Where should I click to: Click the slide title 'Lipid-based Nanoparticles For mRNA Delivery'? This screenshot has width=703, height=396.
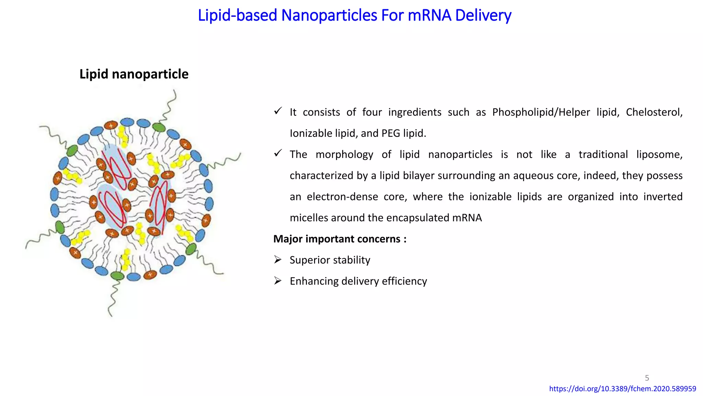[354, 15]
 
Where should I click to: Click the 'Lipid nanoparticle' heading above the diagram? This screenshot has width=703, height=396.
[134, 74]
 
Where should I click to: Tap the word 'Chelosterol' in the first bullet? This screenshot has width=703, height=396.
[654, 112]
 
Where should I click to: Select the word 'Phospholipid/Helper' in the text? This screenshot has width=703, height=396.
[541, 112]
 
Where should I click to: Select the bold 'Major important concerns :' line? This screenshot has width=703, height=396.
[340, 239]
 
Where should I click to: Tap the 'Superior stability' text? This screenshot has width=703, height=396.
[330, 260]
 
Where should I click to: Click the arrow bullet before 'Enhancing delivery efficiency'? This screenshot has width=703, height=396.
[278, 281]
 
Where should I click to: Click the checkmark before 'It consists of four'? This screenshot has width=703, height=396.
[278, 111]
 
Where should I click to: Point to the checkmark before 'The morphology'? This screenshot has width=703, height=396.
[278, 153]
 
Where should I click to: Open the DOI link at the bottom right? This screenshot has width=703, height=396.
[622, 389]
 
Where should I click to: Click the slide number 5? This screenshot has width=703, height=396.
[647, 378]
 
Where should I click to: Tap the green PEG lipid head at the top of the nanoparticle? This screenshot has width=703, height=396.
[159, 128]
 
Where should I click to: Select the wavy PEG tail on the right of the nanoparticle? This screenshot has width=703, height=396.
[225, 162]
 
